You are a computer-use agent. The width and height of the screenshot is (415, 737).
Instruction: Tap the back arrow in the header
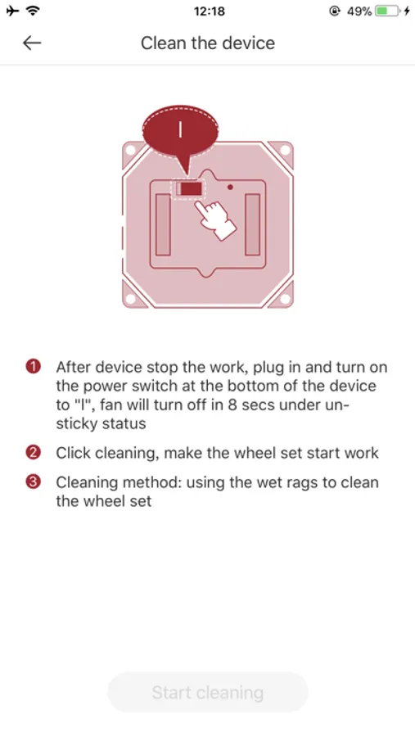tap(32, 43)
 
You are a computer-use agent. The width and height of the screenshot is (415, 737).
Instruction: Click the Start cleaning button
tap(207, 692)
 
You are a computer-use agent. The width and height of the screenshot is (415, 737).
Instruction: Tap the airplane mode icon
tap(13, 11)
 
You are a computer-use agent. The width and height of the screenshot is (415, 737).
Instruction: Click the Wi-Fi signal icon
tap(33, 11)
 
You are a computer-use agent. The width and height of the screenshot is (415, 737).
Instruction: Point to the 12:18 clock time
tap(209, 11)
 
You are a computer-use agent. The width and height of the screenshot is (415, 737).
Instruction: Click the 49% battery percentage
tap(359, 11)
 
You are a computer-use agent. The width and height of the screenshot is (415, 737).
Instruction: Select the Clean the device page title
tap(208, 43)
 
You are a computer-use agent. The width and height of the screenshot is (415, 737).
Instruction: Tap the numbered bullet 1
tap(33, 367)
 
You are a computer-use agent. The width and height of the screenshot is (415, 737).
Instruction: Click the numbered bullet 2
tap(33, 453)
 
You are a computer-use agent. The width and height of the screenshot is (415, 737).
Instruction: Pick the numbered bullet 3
tap(33, 482)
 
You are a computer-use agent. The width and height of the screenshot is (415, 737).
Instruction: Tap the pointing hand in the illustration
tap(215, 219)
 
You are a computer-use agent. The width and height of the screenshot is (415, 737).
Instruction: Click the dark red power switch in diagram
tap(191, 189)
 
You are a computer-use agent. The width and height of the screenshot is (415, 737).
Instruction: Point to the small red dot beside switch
tap(230, 187)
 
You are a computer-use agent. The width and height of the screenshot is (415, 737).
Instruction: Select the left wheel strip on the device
tap(163, 224)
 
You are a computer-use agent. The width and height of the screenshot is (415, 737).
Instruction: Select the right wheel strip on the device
tap(252, 224)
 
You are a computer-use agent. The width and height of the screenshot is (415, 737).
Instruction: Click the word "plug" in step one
tap(269, 367)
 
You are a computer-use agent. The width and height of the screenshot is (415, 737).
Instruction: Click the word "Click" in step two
tap(75, 453)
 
